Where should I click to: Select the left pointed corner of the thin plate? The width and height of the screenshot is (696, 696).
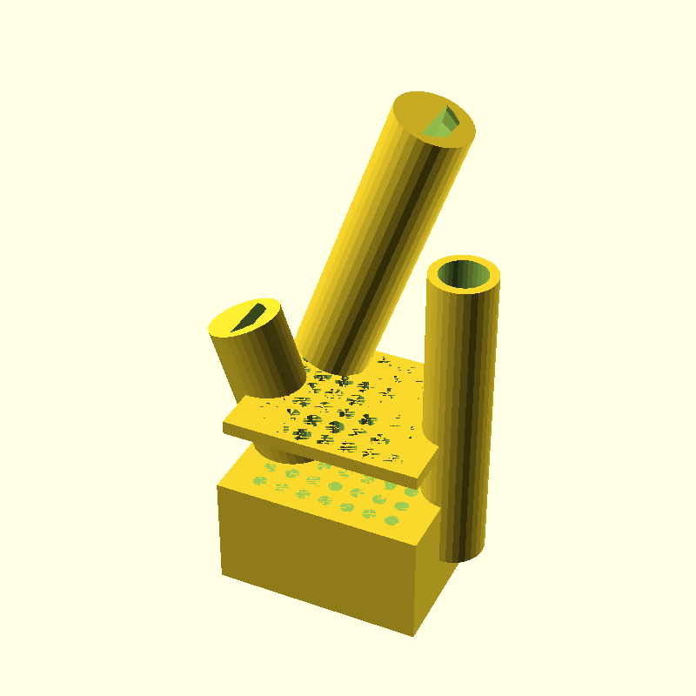click(x=224, y=428)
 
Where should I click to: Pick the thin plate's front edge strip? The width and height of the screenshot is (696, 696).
click(x=322, y=457)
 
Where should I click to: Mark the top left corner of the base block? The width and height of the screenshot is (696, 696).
click(x=218, y=487)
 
